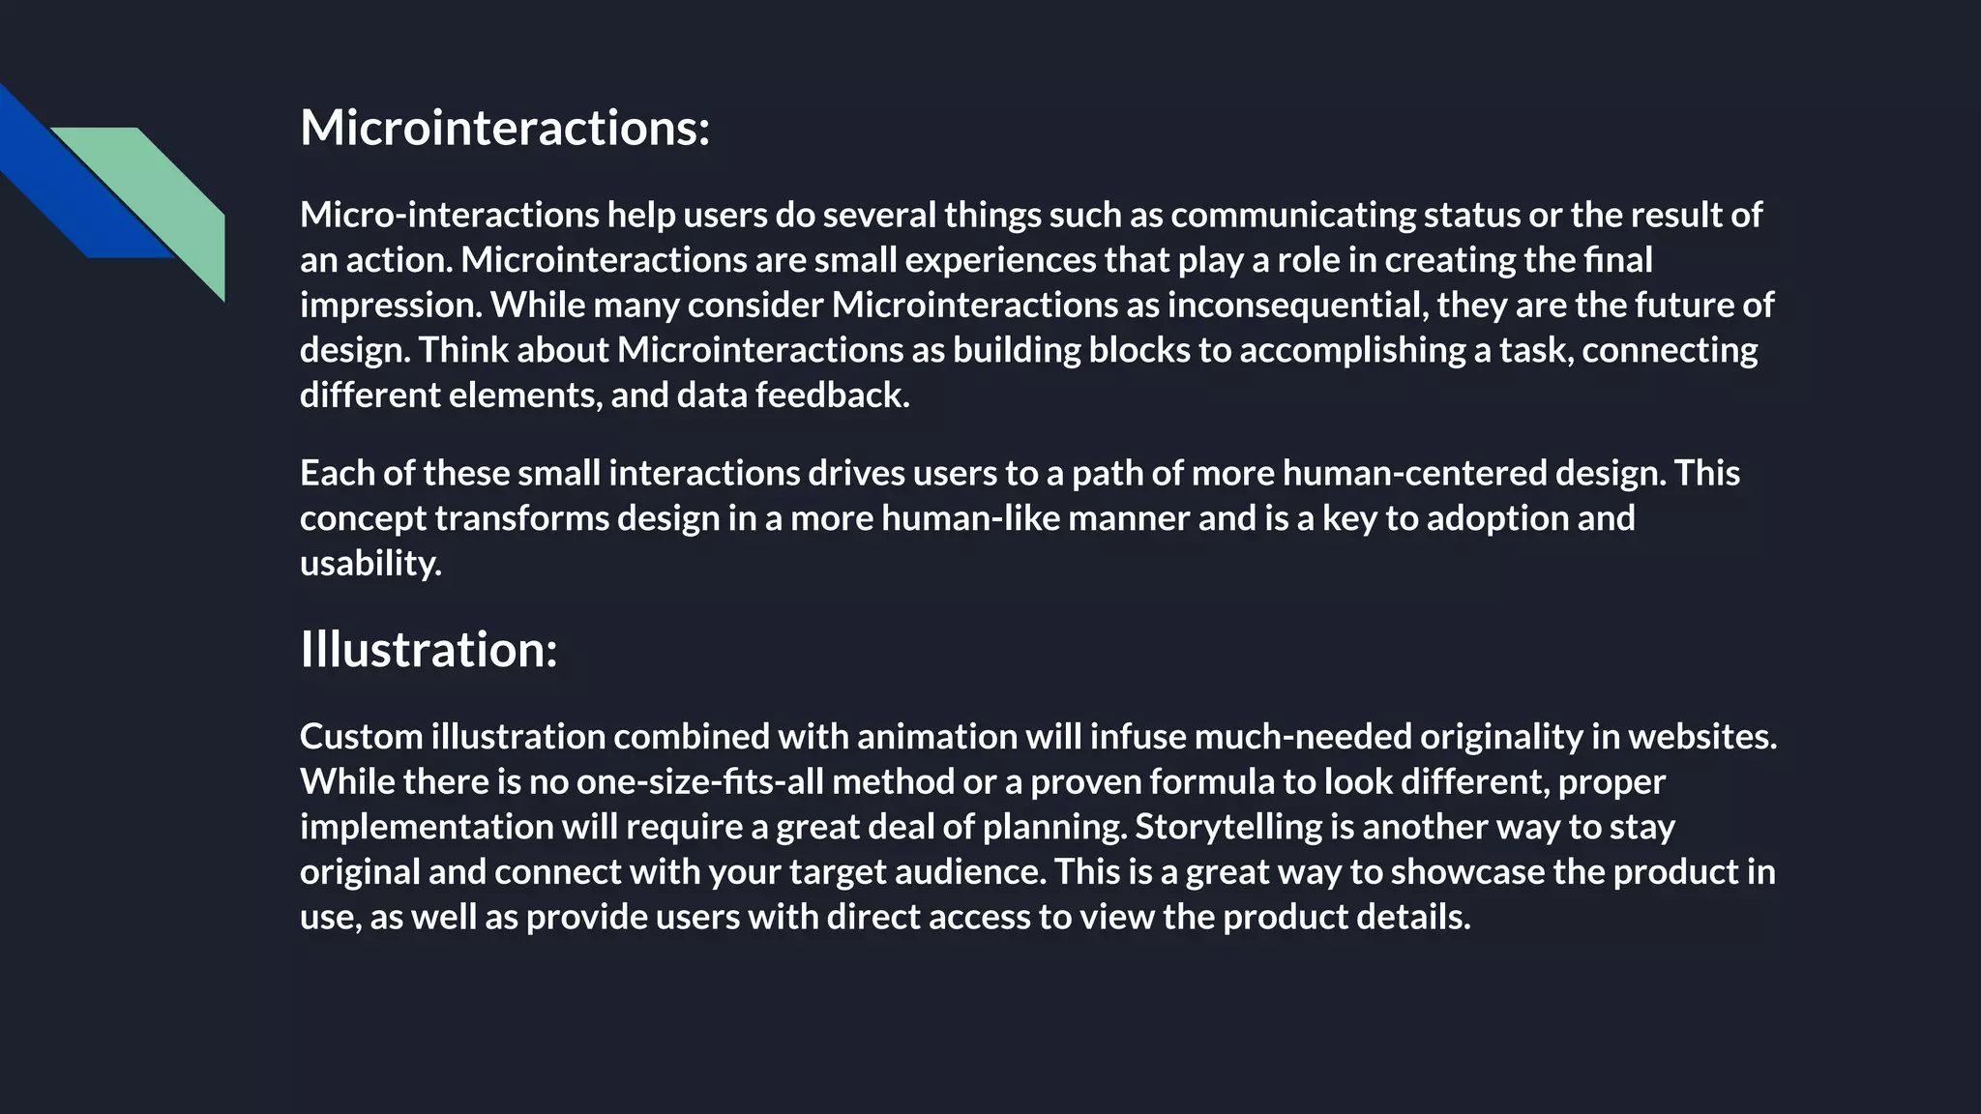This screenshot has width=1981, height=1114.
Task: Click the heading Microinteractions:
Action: pyautogui.click(x=505, y=128)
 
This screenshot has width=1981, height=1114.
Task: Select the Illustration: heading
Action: pyautogui.click(x=429, y=649)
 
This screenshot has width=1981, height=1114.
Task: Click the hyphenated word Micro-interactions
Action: pyautogui.click(x=449, y=215)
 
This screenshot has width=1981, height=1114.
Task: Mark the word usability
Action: pyautogui.click(x=370, y=564)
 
